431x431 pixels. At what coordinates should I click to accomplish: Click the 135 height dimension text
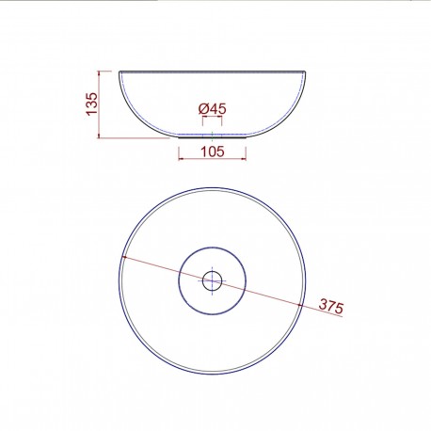pos(91,103)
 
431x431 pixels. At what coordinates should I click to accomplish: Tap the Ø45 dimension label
pos(213,110)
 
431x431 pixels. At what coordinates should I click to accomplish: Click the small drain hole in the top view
pos(212,279)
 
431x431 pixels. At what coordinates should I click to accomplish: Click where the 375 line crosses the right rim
pos(302,306)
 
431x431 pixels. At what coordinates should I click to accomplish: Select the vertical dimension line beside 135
pos(104,103)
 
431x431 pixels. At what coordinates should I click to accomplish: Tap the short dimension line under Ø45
pos(213,123)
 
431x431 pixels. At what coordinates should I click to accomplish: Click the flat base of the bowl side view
pos(213,136)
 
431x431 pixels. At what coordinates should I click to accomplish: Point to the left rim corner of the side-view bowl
pos(120,71)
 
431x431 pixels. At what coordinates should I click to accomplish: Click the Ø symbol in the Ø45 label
pos(203,110)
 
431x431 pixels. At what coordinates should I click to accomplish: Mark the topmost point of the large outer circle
pos(213,186)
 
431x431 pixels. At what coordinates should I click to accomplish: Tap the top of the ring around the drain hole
pos(212,246)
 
